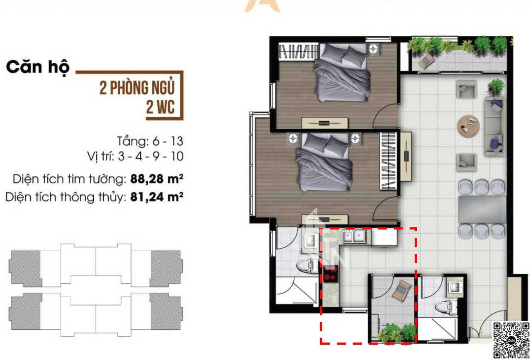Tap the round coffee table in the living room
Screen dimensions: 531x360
point(468,126)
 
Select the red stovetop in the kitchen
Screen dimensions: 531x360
point(331,273)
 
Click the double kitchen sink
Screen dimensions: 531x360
point(354,236)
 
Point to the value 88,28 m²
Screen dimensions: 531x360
point(157,179)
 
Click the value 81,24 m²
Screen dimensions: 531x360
point(157,197)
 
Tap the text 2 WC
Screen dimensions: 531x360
point(160,107)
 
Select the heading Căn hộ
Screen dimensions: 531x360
point(38,68)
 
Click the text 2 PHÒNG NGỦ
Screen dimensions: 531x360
point(137,88)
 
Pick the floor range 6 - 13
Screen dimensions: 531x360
point(168,142)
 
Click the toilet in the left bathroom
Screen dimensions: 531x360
point(307,266)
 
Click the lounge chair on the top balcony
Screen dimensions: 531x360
point(426,61)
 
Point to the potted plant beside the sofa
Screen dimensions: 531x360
point(496,87)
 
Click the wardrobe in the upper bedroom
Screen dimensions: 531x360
point(298,51)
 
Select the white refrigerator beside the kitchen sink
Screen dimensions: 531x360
point(384,238)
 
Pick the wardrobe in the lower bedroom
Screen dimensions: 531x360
point(389,161)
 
